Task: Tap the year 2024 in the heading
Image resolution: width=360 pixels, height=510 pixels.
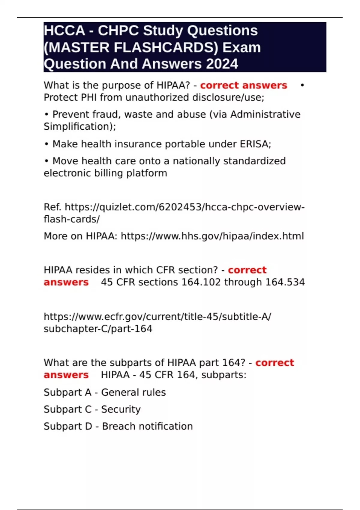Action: (222, 64)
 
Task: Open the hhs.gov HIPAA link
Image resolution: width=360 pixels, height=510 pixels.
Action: (212, 236)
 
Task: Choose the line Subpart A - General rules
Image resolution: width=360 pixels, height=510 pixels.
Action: (105, 392)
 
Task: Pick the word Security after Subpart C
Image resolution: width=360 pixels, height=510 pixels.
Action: (121, 409)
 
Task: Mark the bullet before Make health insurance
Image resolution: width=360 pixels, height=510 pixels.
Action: (46, 144)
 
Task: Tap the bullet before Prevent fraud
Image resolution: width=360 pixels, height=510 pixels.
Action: (46, 115)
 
